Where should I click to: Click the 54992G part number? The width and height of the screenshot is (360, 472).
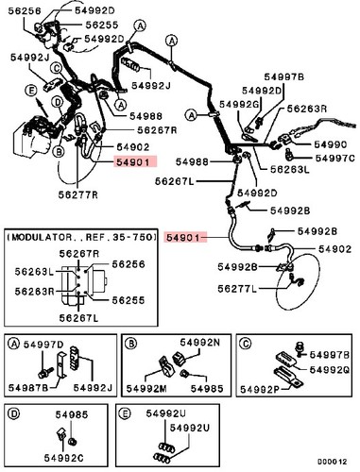click(239, 104)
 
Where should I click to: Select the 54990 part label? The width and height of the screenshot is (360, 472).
click(331, 144)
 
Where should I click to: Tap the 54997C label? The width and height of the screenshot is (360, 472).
click(335, 158)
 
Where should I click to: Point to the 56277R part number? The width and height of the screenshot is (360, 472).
click(78, 194)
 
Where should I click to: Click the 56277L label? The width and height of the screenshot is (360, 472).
click(237, 289)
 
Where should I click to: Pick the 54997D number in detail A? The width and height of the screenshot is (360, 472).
click(43, 345)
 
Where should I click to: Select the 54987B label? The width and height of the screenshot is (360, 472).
click(28, 388)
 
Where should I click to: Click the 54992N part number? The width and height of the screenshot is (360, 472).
click(200, 342)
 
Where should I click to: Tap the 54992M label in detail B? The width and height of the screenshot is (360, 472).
click(146, 389)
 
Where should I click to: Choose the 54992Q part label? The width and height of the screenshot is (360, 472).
click(330, 370)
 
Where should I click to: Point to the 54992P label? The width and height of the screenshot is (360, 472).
click(260, 389)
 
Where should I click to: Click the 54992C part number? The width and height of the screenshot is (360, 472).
click(64, 458)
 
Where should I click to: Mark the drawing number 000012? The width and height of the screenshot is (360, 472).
click(332, 462)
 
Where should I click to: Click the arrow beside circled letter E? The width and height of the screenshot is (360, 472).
click(42, 107)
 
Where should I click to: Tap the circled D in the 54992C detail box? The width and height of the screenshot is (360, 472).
click(14, 414)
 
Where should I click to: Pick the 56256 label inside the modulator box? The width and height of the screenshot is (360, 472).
click(129, 264)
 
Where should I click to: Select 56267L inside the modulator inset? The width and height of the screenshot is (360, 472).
click(78, 318)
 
